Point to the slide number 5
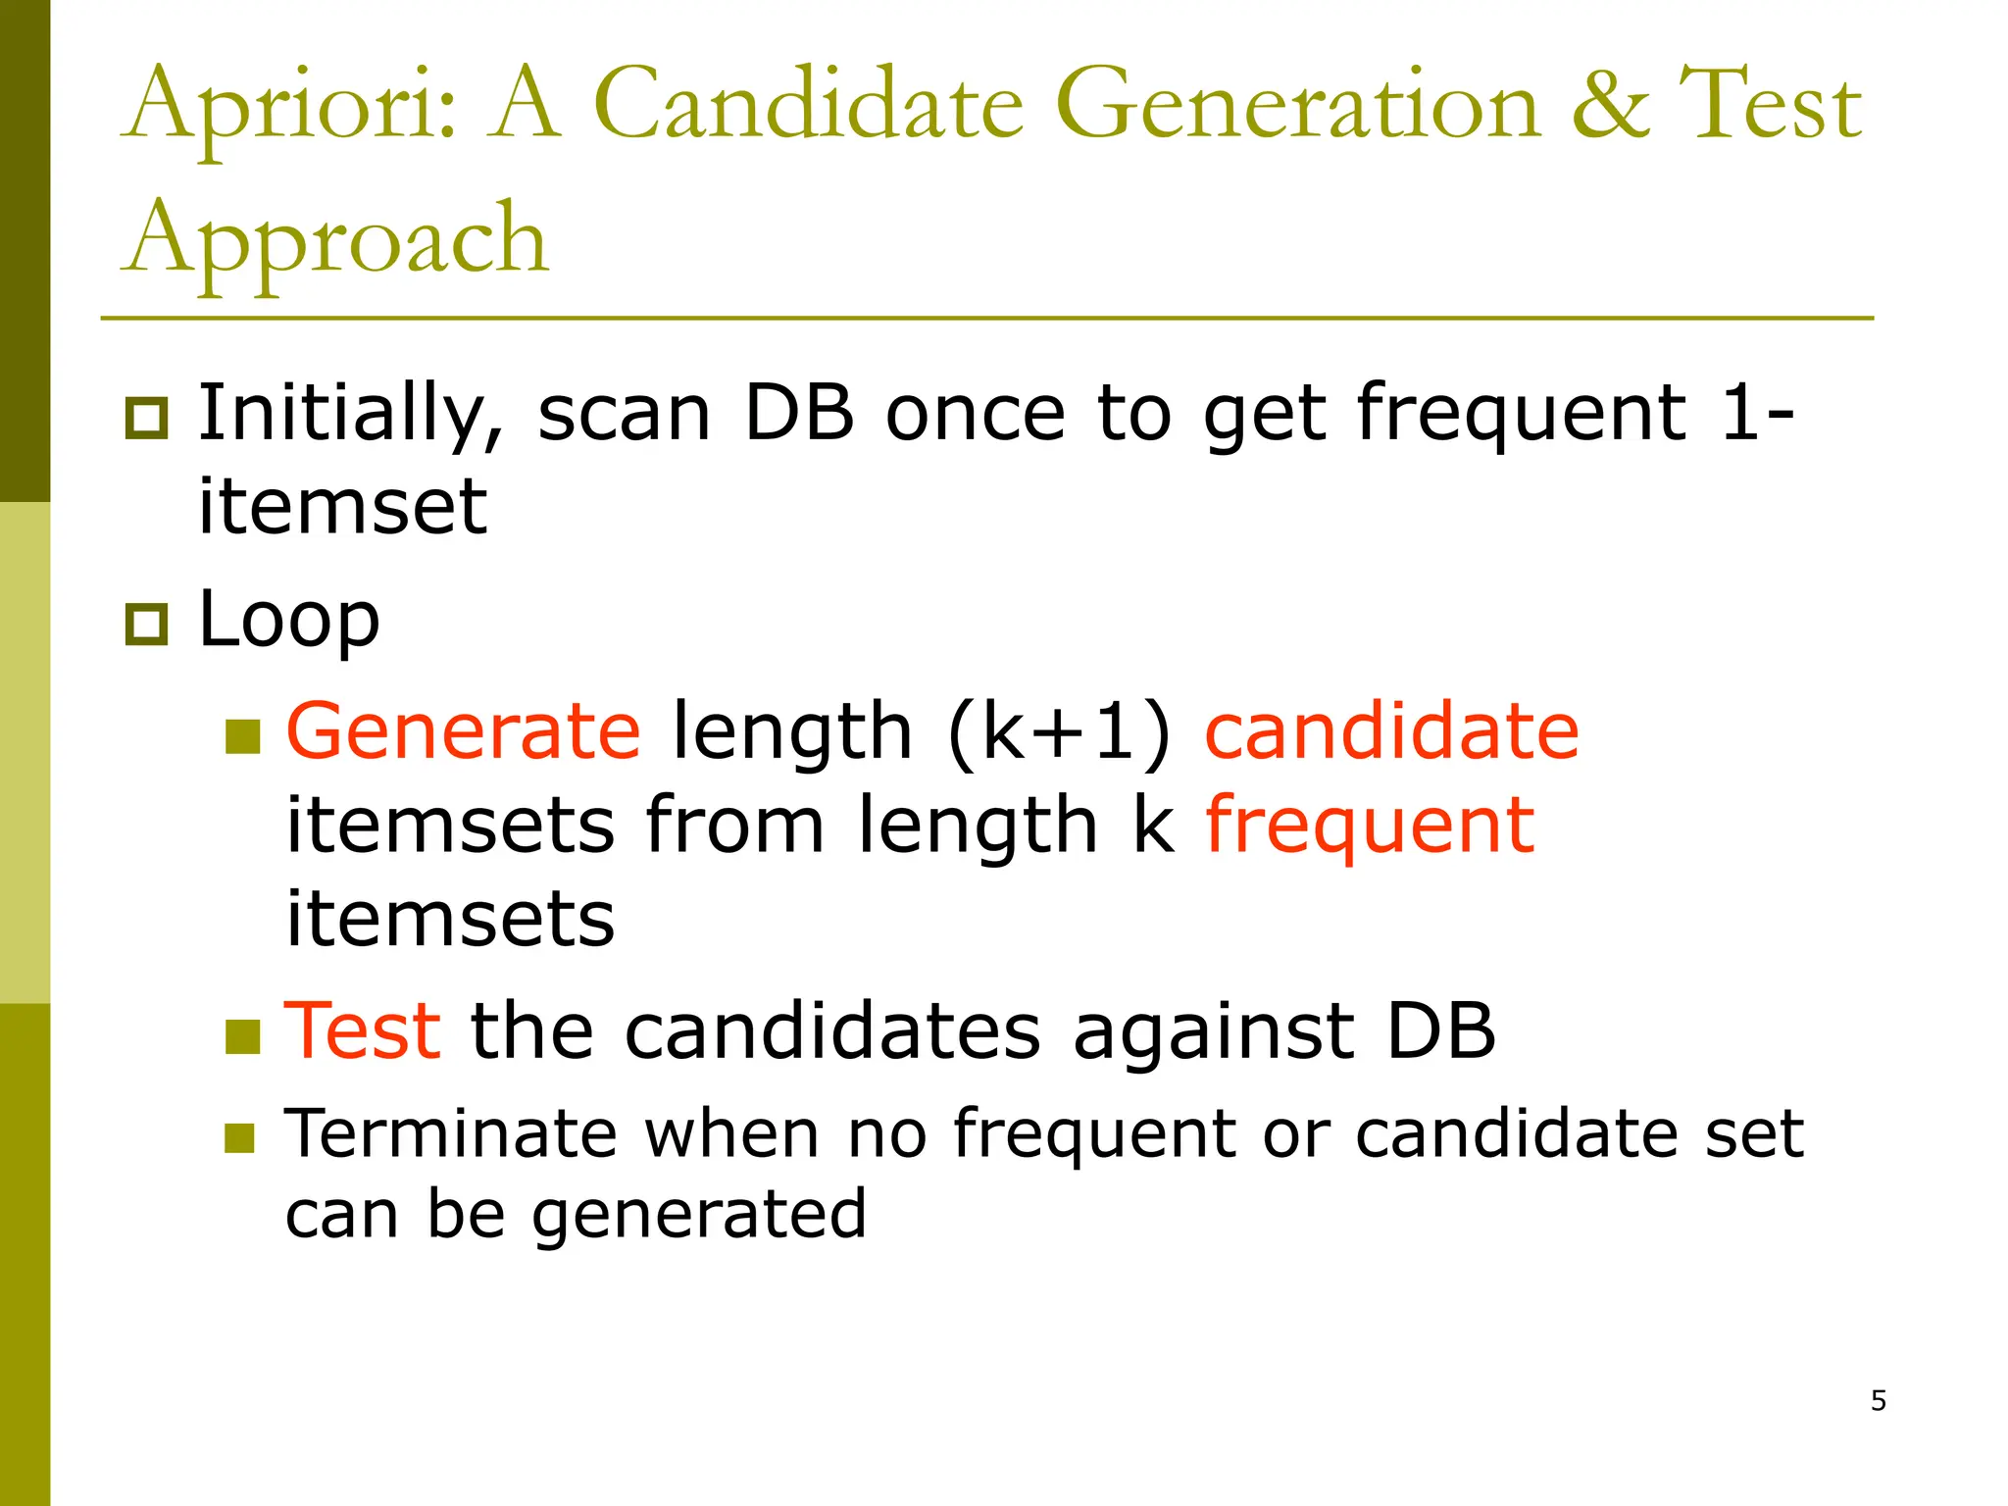coord(1878,1400)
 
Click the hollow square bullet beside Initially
coord(146,418)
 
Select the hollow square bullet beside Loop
coord(146,624)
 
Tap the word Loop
coord(288,621)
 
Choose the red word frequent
coord(1369,827)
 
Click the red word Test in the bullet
coord(362,1030)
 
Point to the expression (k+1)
coord(1059,732)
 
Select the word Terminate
coord(450,1133)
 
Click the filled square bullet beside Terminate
coord(239,1137)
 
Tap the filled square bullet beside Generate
coord(242,736)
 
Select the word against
coord(1214,1030)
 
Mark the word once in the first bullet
coord(975,414)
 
